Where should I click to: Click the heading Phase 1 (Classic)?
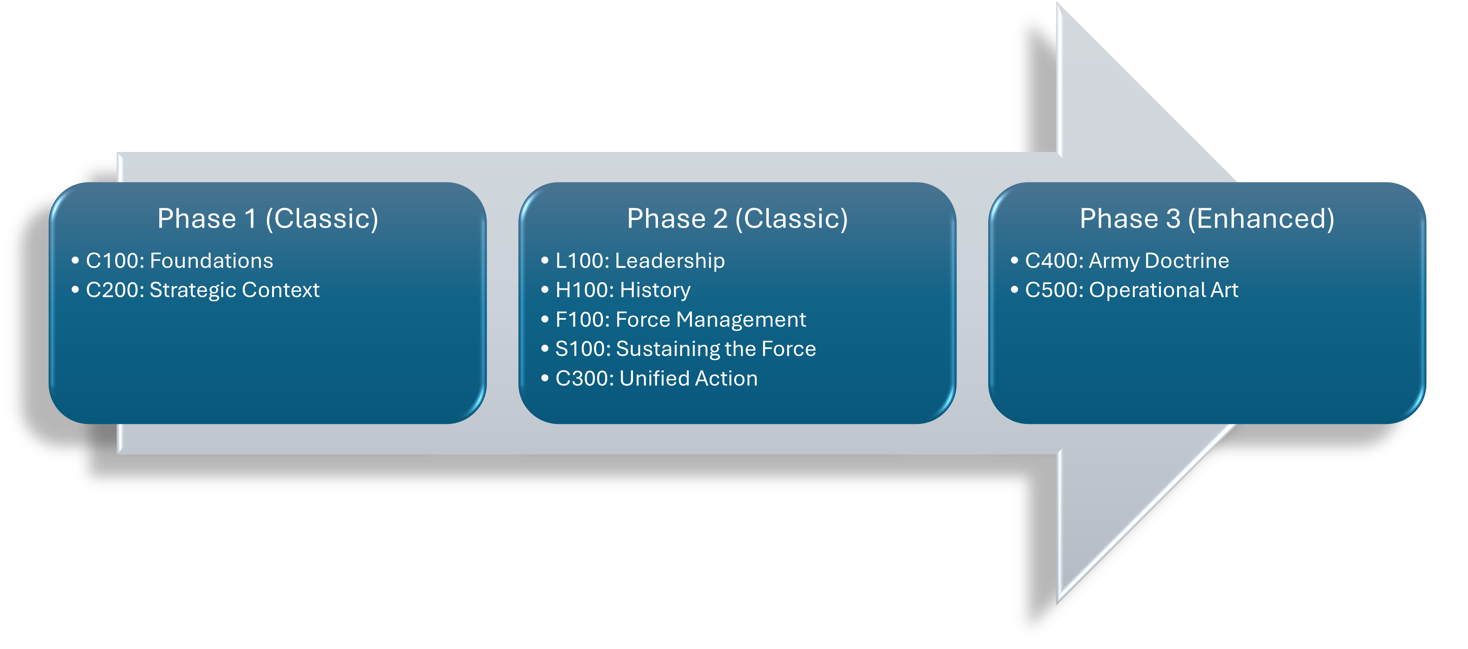tap(267, 219)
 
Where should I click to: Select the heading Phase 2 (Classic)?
tap(737, 219)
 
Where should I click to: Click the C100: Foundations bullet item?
tap(179, 261)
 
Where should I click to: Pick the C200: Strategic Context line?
tap(202, 290)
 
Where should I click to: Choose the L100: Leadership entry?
tap(640, 261)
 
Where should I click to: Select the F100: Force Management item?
tap(680, 320)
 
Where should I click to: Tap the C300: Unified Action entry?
tap(656, 378)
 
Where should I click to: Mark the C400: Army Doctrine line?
tap(1127, 261)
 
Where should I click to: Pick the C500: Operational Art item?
tap(1131, 290)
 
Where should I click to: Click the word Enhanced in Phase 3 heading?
tap(1261, 219)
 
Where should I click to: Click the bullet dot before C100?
tap(75, 261)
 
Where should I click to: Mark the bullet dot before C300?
tap(545, 378)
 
